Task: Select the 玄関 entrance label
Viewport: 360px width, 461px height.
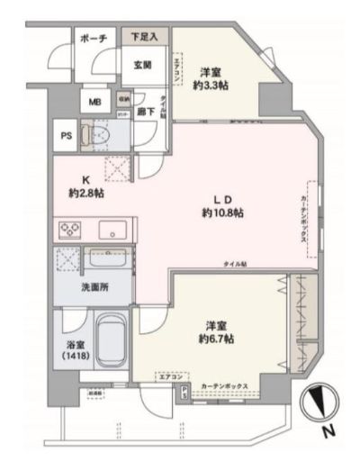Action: pos(143,65)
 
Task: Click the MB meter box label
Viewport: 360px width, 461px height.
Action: pos(94,102)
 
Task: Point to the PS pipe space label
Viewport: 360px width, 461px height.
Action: pos(66,137)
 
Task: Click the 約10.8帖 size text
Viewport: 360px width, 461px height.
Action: pos(222,212)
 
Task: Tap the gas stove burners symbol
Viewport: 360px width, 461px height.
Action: pos(72,229)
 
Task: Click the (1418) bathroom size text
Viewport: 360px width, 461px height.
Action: pos(74,357)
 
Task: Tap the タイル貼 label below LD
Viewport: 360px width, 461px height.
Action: pos(238,262)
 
